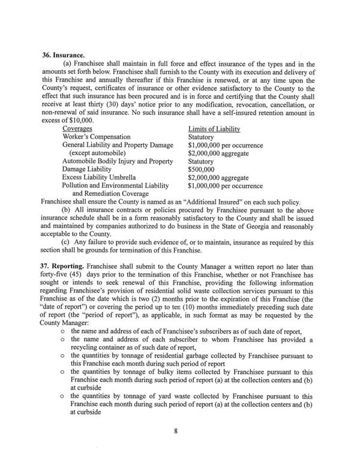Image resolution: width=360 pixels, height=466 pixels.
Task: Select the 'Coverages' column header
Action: click(x=77, y=128)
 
